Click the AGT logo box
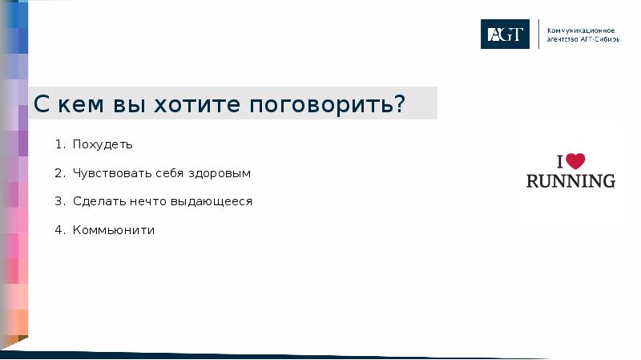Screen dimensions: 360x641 point(505,34)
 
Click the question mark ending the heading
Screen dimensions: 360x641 point(398,104)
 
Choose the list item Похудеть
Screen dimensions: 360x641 point(103,144)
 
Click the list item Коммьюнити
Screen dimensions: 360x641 point(113,230)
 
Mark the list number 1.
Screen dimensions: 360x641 point(59,144)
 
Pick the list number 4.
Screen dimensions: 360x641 point(59,230)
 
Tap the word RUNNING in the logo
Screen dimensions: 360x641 point(570,180)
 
